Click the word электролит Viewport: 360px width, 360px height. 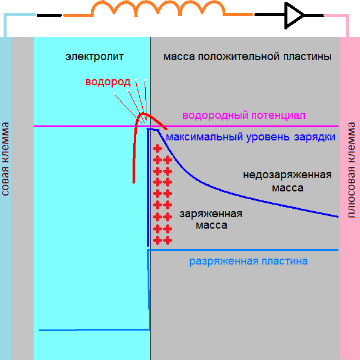point(94,57)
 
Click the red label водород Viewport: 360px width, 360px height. point(107,83)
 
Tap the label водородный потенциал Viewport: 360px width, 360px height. point(244,115)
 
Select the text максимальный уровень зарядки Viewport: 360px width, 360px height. point(250,137)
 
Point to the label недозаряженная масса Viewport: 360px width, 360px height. point(287,181)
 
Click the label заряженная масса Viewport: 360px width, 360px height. point(211,220)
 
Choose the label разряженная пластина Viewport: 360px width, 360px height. point(248,261)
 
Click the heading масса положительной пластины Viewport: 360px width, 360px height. point(247,57)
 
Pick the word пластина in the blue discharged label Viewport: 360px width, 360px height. point(285,261)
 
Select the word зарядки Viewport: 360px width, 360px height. point(314,137)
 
